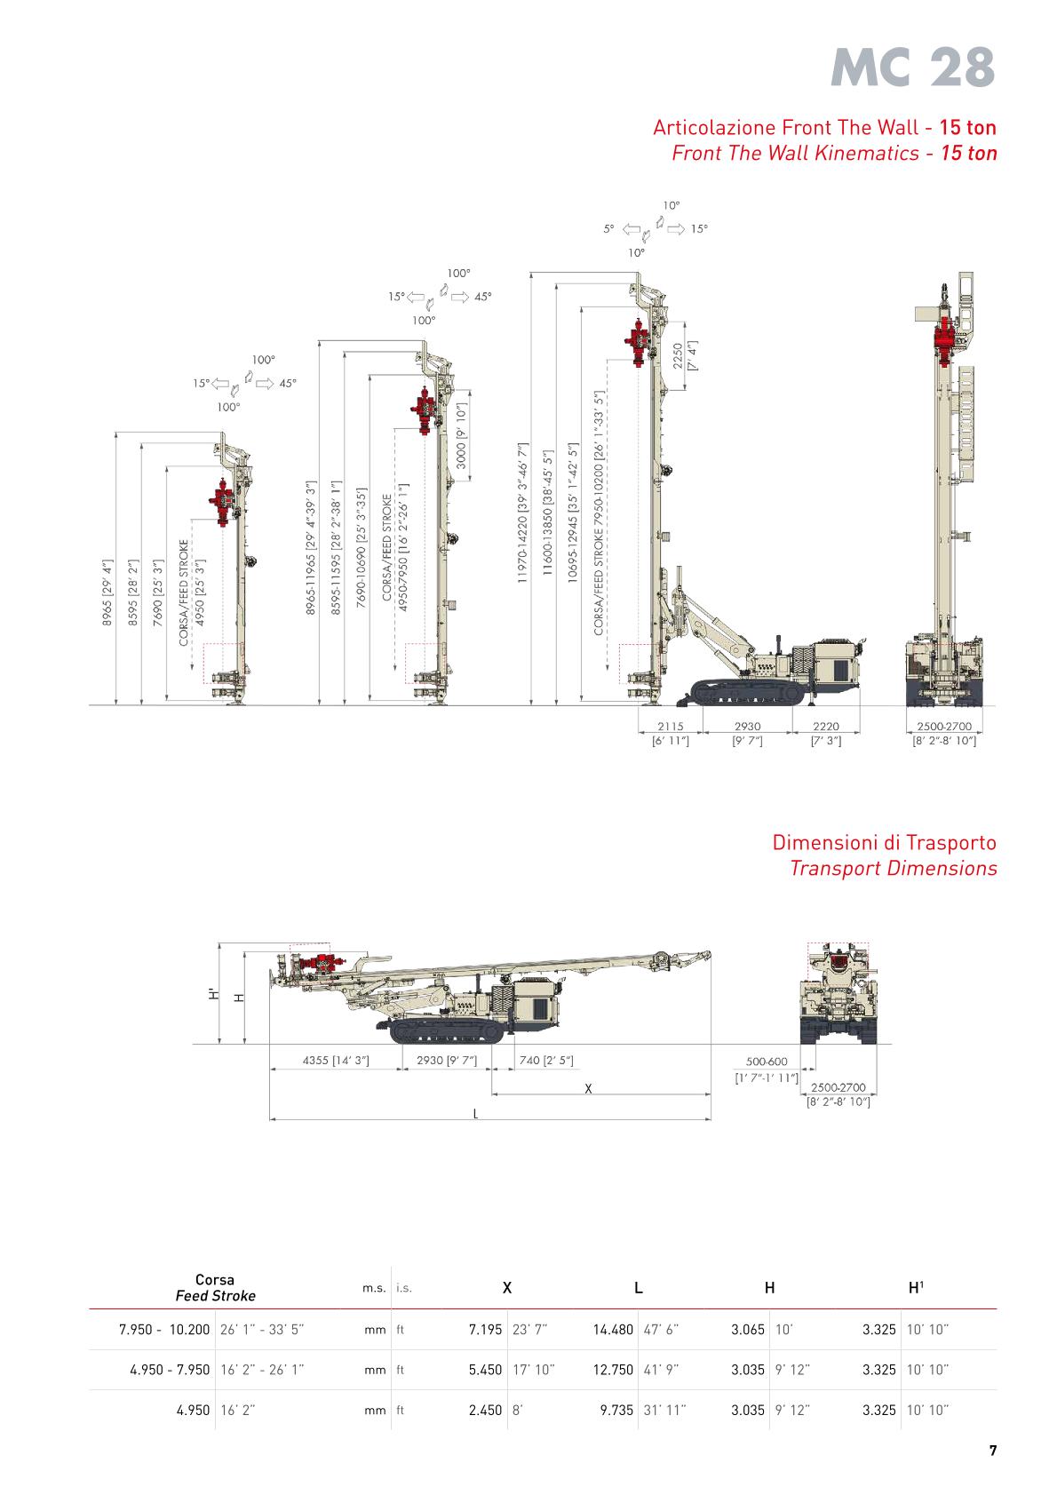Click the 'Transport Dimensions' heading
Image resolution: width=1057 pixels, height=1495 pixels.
coord(893,868)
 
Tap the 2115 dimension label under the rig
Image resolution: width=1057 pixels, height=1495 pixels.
coord(671,726)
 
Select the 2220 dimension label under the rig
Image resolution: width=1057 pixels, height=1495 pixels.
coord(825,726)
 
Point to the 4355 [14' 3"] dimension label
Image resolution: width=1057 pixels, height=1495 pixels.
coord(336,1060)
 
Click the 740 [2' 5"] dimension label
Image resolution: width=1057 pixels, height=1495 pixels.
coord(546,1060)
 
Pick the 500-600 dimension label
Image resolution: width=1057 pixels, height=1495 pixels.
coord(767,1062)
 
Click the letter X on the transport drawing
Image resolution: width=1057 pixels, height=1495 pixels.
coord(588,1088)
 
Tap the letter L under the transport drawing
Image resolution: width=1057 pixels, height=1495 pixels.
coord(476,1114)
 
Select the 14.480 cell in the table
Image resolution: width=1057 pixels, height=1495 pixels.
coord(613,1330)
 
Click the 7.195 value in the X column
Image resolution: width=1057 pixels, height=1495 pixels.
coord(485,1330)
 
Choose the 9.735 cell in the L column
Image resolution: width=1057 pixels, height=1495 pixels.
coord(616,1410)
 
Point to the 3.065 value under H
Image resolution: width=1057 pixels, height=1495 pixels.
coord(748,1330)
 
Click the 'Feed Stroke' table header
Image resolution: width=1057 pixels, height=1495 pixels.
coord(215,1296)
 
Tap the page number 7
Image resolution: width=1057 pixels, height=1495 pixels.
coord(992,1451)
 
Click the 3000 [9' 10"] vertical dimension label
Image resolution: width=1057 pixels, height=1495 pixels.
coord(461,437)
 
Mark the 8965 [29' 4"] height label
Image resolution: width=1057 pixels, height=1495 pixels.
coord(107,592)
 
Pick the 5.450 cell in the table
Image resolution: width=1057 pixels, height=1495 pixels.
coord(485,1370)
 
